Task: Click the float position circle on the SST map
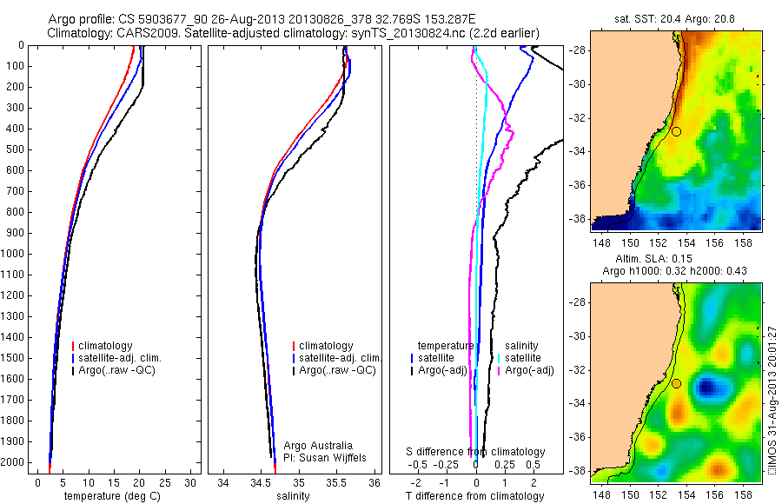point(677,131)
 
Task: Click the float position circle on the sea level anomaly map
point(677,383)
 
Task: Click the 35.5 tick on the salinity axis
point(336,482)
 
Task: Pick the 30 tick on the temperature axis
point(190,482)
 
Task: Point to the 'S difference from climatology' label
point(475,452)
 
